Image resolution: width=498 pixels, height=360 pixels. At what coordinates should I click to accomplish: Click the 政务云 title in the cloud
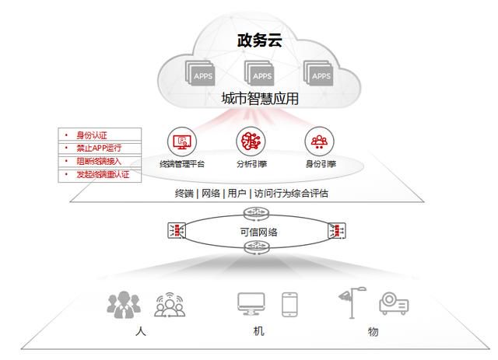point(259,40)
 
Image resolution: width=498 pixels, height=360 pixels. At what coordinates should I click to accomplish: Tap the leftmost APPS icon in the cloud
point(200,73)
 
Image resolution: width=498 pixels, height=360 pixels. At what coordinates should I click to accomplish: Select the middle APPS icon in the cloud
point(259,73)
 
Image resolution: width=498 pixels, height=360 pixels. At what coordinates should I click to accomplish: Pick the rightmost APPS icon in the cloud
point(318,73)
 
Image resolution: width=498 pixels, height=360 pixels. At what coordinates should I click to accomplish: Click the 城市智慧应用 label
point(260,99)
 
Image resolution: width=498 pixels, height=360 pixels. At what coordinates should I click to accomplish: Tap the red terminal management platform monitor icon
point(182,142)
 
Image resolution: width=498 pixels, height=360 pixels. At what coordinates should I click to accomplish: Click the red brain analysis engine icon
point(251,142)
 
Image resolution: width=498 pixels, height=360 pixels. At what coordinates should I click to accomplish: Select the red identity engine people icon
point(320,142)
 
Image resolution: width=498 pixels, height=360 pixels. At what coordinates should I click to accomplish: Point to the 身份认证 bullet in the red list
point(92,135)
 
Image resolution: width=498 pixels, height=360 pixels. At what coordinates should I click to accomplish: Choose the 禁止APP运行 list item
point(99,148)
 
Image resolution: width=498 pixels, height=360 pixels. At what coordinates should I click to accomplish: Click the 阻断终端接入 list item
point(99,161)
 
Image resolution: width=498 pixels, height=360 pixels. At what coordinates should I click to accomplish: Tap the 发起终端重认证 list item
point(103,174)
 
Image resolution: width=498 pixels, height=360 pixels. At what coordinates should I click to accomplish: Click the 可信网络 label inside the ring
point(258,232)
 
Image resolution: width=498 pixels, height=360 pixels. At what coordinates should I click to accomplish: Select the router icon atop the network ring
point(256,213)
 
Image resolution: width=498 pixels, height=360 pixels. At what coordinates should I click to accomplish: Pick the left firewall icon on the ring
point(177,230)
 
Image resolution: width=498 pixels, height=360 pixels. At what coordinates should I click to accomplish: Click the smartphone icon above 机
point(289,305)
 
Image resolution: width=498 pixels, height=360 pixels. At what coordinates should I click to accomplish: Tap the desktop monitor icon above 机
point(251,303)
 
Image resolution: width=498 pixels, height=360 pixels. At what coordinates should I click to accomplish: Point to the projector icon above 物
point(394,303)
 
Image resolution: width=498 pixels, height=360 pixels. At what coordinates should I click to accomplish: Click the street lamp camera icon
point(352,302)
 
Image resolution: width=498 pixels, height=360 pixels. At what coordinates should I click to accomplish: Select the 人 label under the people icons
point(141,332)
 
